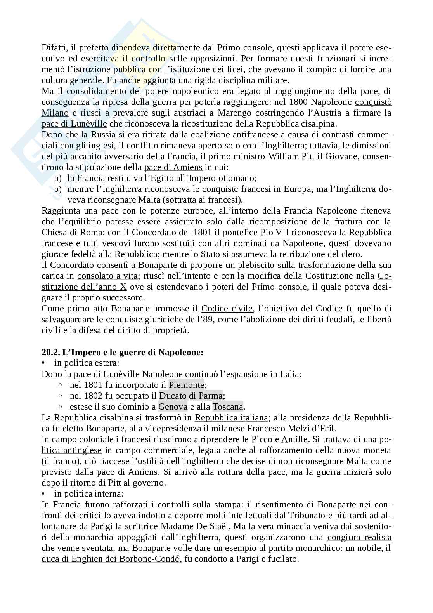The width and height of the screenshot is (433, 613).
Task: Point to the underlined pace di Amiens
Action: (173, 167)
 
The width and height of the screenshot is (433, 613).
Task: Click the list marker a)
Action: (58, 178)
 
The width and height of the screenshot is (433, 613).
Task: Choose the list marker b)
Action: (58, 189)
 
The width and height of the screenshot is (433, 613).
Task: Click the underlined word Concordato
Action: (154, 233)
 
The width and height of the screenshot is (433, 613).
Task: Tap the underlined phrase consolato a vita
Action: (107, 276)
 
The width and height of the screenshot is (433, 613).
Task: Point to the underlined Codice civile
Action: (227, 309)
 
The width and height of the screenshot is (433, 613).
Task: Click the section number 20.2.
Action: (50, 353)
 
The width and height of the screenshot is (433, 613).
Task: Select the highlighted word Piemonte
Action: (187, 385)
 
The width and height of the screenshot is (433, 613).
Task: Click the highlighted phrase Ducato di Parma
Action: (191, 396)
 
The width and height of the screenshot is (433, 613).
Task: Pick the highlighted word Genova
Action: (173, 407)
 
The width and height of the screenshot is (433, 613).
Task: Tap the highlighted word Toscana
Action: (228, 407)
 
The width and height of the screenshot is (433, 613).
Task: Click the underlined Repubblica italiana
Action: (231, 418)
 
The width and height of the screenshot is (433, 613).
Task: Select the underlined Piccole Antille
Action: (279, 439)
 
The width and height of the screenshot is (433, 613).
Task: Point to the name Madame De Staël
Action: (194, 526)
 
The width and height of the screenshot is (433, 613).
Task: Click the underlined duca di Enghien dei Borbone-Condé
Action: (111, 559)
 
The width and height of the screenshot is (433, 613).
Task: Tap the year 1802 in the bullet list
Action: (92, 396)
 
